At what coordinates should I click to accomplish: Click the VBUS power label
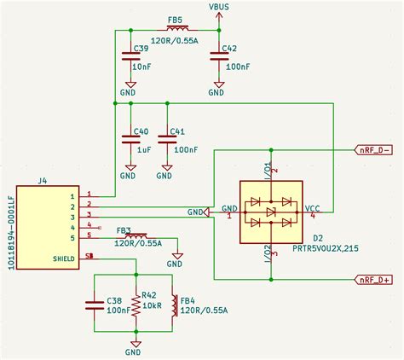tap(219, 7)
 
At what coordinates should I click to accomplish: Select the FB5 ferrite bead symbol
tap(175, 29)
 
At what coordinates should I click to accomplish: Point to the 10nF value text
tap(141, 65)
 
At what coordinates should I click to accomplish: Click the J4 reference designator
tap(43, 180)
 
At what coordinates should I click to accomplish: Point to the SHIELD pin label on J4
tap(64, 257)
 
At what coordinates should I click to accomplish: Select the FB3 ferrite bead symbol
tap(135, 235)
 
